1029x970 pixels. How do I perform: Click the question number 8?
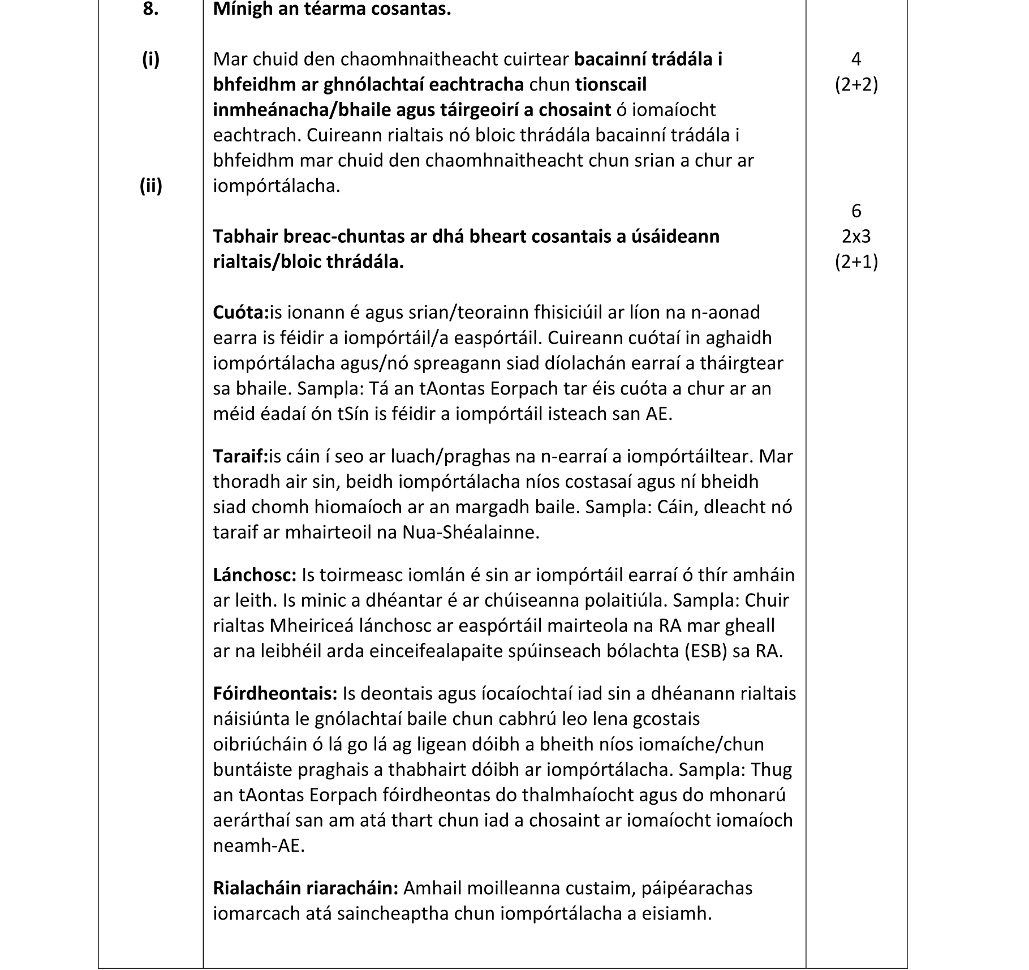pos(150,10)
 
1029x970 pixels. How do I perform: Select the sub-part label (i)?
pos(150,59)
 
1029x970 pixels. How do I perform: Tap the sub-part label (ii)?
pos(150,186)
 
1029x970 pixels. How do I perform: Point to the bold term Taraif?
pos(240,456)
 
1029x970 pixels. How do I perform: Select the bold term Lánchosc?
pos(255,575)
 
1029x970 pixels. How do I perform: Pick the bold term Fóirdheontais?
pos(275,693)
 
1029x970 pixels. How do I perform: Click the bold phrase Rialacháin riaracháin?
pos(305,888)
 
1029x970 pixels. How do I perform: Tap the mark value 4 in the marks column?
pos(856,59)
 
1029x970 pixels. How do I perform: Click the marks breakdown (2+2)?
pos(856,85)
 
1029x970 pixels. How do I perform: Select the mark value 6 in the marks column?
pos(856,211)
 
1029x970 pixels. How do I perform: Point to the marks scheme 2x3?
pos(856,237)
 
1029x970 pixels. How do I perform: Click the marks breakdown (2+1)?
pos(856,262)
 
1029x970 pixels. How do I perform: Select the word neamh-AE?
pos(258,846)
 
